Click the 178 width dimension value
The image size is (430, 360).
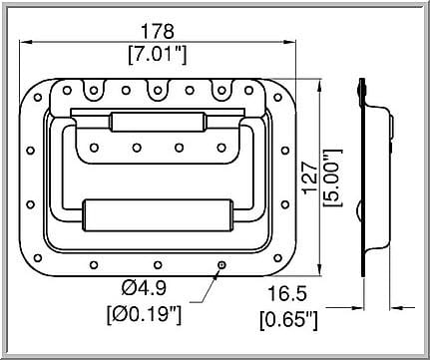point(158,31)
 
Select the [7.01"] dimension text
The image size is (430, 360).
point(158,54)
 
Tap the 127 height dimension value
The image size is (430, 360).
point(310,177)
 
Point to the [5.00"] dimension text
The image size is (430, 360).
point(332,179)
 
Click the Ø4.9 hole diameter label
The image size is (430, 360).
point(144,288)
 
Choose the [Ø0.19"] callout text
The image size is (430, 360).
point(144,314)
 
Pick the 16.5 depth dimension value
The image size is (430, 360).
point(286,294)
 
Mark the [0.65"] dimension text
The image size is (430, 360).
point(288,320)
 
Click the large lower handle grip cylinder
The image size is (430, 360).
point(158,215)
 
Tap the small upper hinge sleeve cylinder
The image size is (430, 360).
point(158,122)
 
